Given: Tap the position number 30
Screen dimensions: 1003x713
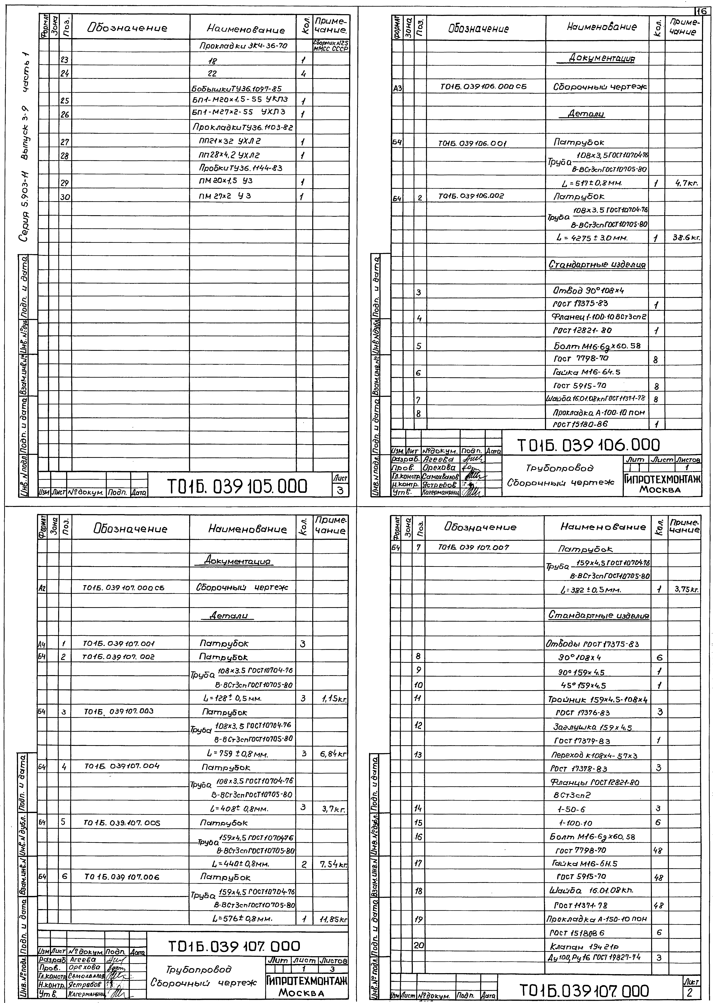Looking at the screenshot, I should click(65, 197).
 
